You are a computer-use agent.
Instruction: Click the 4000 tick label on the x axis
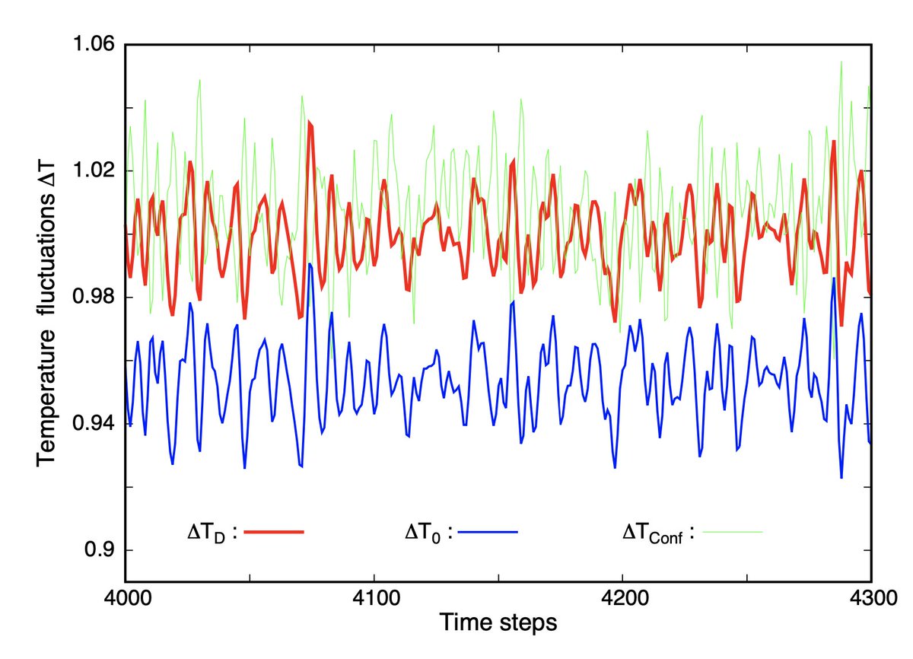pyautogui.click(x=126, y=599)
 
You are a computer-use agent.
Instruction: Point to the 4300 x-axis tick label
pyautogui.click(x=870, y=599)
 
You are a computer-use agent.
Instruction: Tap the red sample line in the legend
pyautogui.click(x=274, y=532)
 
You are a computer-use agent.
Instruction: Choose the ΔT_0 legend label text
pyautogui.click(x=428, y=533)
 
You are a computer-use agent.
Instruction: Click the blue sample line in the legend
pyautogui.click(x=487, y=532)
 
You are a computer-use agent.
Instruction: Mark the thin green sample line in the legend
pyautogui.click(x=731, y=532)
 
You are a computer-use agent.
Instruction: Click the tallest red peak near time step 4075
pyautogui.click(x=310, y=122)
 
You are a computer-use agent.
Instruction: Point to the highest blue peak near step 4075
pyautogui.click(x=310, y=265)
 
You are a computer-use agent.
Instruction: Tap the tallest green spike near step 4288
pyautogui.click(x=841, y=62)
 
